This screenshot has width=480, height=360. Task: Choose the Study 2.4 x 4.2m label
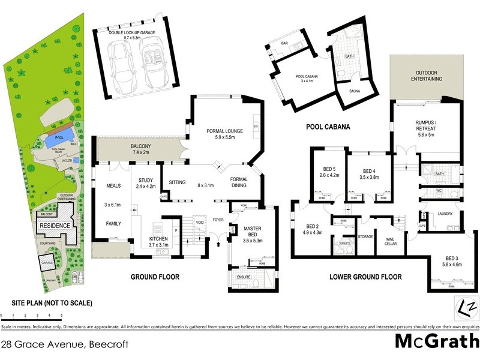(146, 182)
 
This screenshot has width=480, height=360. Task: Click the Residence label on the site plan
(55, 225)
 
